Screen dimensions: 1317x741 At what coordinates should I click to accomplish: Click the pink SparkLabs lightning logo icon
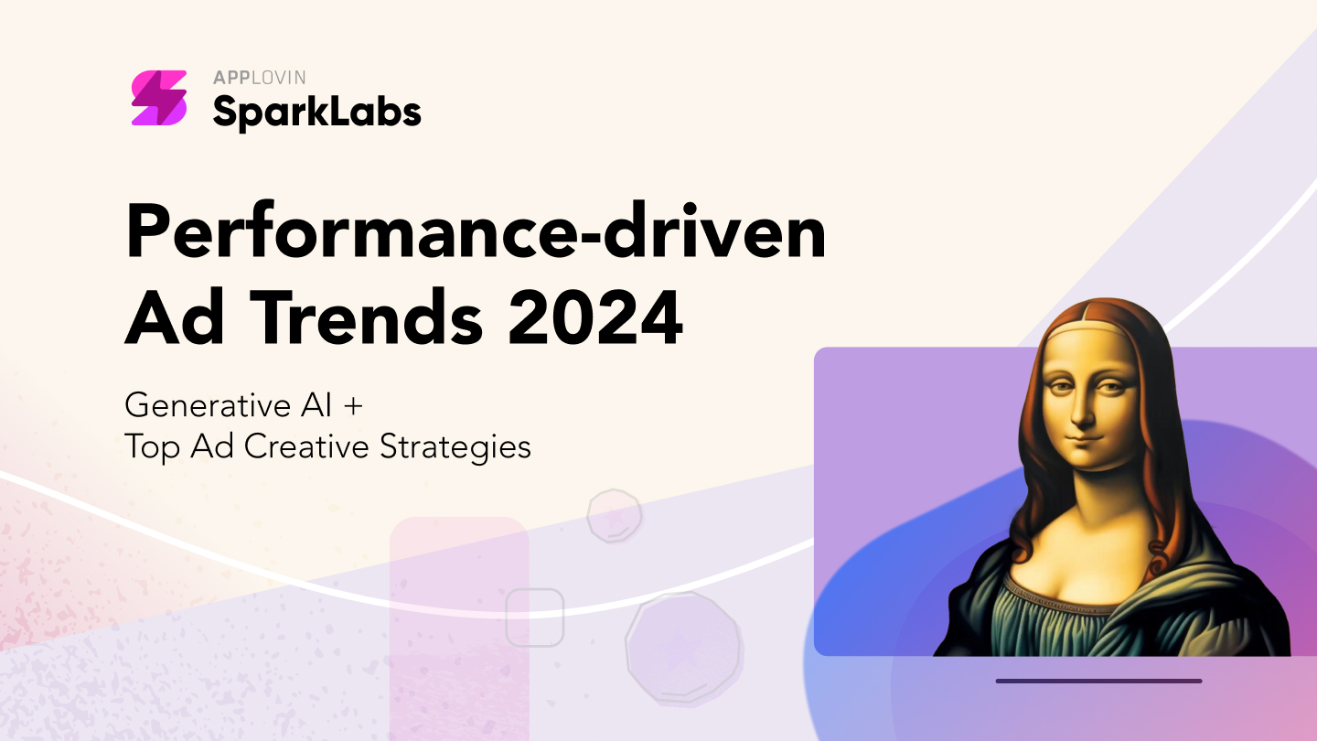(159, 98)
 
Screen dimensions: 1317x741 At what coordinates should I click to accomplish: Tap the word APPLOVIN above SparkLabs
(260, 78)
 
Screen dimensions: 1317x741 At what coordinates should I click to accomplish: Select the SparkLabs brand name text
(316, 112)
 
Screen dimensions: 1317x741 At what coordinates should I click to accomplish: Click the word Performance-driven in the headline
(476, 231)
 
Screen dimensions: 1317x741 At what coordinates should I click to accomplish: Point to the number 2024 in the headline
(595, 318)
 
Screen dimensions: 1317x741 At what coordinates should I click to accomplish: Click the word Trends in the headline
(367, 317)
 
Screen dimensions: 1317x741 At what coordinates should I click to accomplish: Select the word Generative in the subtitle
(208, 405)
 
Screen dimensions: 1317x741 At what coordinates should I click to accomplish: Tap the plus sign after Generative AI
(353, 406)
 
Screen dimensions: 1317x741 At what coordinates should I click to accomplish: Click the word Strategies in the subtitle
(455, 447)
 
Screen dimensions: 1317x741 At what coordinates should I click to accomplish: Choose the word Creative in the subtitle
(306, 446)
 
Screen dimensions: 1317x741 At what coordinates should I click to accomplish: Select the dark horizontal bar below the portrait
(1099, 681)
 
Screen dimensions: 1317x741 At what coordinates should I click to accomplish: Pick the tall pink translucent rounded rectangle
(459, 628)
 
